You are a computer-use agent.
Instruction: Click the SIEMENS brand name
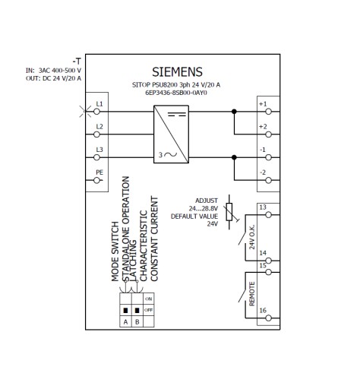pos(177,72)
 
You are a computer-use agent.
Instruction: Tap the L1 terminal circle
pos(96,112)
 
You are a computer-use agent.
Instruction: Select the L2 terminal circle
pos(96,134)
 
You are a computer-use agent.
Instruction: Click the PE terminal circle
pos(96,180)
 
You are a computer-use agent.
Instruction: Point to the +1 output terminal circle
pos(268,112)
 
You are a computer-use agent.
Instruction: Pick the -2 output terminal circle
pos(268,180)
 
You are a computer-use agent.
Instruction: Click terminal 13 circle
pos(268,215)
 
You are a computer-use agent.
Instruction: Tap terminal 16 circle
pos(268,318)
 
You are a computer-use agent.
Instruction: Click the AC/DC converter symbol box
pos(171,134)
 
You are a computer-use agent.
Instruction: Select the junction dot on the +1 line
pos(234,112)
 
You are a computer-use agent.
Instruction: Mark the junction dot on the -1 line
pos(234,157)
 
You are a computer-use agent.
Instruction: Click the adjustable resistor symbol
pos(229,212)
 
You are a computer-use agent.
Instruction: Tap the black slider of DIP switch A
pos(125,311)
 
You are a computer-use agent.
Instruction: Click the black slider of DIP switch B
pos(137,311)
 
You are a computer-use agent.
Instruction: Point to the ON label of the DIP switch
pos(148,299)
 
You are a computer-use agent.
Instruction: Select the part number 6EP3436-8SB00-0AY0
pos(176,93)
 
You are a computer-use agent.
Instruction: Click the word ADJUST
pos(207,201)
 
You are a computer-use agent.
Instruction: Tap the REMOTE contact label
pos(252,294)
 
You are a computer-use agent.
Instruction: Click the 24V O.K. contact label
pos(252,237)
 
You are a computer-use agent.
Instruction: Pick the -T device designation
pos(77,62)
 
